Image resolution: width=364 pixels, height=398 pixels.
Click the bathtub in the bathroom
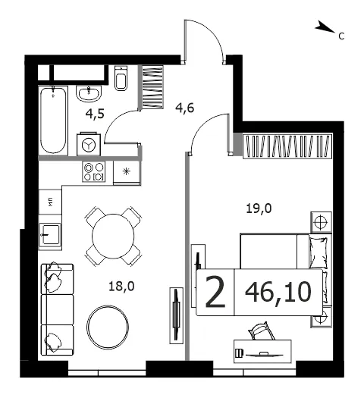pyautogui.click(x=53, y=121)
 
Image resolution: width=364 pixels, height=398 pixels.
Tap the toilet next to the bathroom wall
pyautogui.click(x=121, y=78)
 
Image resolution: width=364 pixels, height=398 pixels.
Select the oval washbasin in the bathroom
pyautogui.click(x=89, y=94)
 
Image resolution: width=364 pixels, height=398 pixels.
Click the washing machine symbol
pyautogui.click(x=89, y=144)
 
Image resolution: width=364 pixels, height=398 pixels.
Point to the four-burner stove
pyautogui.click(x=94, y=171)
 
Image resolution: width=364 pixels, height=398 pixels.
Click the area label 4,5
pyautogui.click(x=95, y=114)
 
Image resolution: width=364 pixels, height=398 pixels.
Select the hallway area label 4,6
pyautogui.click(x=185, y=108)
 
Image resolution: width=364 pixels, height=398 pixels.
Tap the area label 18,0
pyautogui.click(x=121, y=287)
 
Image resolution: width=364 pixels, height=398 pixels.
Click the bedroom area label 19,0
pyautogui.click(x=259, y=208)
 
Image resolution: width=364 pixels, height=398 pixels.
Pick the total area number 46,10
pyautogui.click(x=278, y=293)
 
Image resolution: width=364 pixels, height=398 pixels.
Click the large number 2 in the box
pyautogui.click(x=215, y=292)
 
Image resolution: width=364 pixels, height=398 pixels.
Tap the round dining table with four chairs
pyautogui.click(x=113, y=236)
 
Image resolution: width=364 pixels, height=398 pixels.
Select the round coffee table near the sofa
pyautogui.click(x=108, y=327)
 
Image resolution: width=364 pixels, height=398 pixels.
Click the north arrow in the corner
pyautogui.click(x=325, y=27)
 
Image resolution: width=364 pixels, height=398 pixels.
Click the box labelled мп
pyautogui.click(x=50, y=202)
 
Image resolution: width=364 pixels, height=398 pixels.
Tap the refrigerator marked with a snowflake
pyautogui.click(x=127, y=173)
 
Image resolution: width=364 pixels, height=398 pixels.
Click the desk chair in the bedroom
pyautogui.click(x=262, y=331)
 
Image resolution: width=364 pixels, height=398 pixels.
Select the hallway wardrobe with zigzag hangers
pyautogui.click(x=152, y=87)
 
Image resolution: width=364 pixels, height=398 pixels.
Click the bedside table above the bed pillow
pyautogui.click(x=321, y=222)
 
